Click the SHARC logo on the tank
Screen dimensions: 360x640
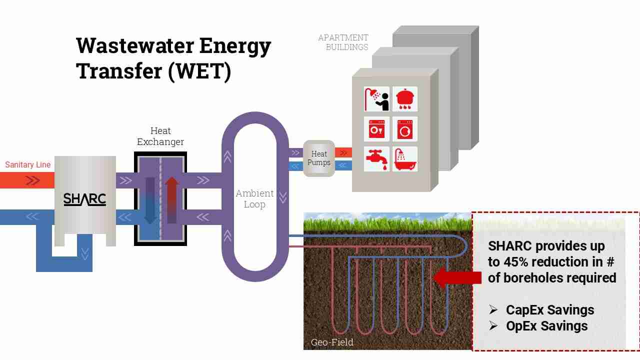tap(84, 199)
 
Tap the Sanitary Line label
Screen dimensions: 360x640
tap(28, 164)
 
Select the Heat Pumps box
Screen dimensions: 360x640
tap(319, 158)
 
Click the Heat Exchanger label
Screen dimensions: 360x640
tap(160, 136)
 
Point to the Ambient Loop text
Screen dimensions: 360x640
tap(254, 198)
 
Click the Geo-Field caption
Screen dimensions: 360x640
tap(332, 342)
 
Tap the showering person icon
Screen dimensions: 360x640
tap(376, 99)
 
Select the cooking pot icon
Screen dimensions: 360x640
tap(404, 99)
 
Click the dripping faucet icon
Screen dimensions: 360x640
tap(376, 159)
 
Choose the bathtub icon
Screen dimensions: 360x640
tap(404, 159)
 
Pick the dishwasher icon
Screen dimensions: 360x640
tap(376, 129)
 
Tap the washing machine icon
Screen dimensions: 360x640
tap(404, 129)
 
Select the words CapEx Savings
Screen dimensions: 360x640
tap(550, 310)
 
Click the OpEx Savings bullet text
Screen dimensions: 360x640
tap(547, 326)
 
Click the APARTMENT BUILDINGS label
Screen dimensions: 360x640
tap(343, 42)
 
